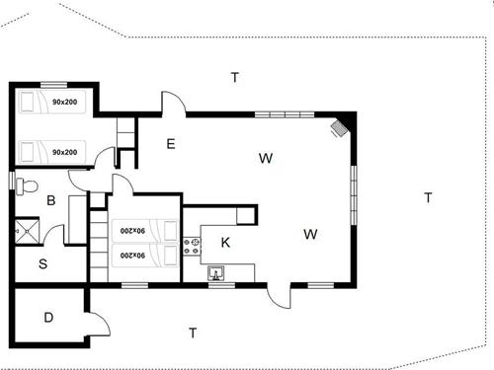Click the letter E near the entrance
pos(170,144)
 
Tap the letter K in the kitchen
pos(225,242)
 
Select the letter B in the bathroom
pos(49,201)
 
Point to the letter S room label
pos(43,263)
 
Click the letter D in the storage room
pos(48,318)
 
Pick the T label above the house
pos(234,77)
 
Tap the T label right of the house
pos(428,197)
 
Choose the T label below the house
pos(193,333)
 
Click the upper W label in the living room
pos(265,158)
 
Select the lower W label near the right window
pos(310,234)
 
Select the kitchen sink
pos(216,273)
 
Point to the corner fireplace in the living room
pos(340,126)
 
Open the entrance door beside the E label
pos(172,104)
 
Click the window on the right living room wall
pos(353,188)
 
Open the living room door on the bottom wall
pos(281,295)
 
